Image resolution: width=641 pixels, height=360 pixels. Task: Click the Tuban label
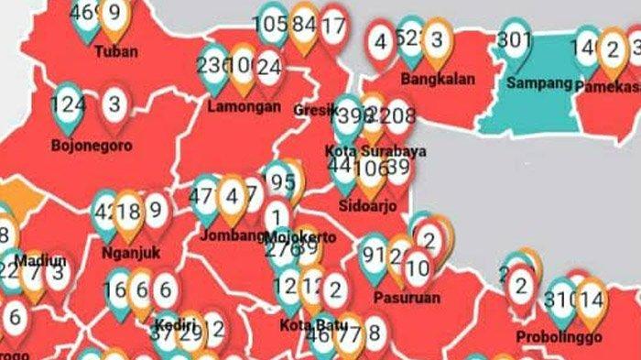(x=116, y=51)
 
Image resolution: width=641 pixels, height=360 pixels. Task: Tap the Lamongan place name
(x=244, y=106)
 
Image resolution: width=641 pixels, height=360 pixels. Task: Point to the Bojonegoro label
(x=92, y=145)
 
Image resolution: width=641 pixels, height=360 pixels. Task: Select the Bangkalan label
(x=438, y=79)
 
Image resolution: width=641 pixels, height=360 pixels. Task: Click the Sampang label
(x=538, y=82)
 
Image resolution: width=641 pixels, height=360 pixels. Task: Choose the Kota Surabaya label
(x=375, y=150)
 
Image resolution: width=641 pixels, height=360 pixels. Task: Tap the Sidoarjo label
(x=367, y=206)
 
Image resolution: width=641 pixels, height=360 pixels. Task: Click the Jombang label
(x=233, y=235)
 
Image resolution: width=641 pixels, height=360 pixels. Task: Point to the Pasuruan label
(x=407, y=297)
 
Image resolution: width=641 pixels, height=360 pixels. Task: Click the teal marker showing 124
(x=70, y=104)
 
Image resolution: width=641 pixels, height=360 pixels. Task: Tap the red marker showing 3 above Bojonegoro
(x=113, y=104)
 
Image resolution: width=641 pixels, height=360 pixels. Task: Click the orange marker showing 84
(x=303, y=24)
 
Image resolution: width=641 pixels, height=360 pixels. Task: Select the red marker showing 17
(x=334, y=26)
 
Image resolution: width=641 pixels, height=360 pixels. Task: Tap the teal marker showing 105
(x=272, y=24)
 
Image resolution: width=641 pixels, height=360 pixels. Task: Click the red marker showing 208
(x=400, y=115)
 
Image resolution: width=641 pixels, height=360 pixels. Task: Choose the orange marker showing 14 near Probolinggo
(x=591, y=299)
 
